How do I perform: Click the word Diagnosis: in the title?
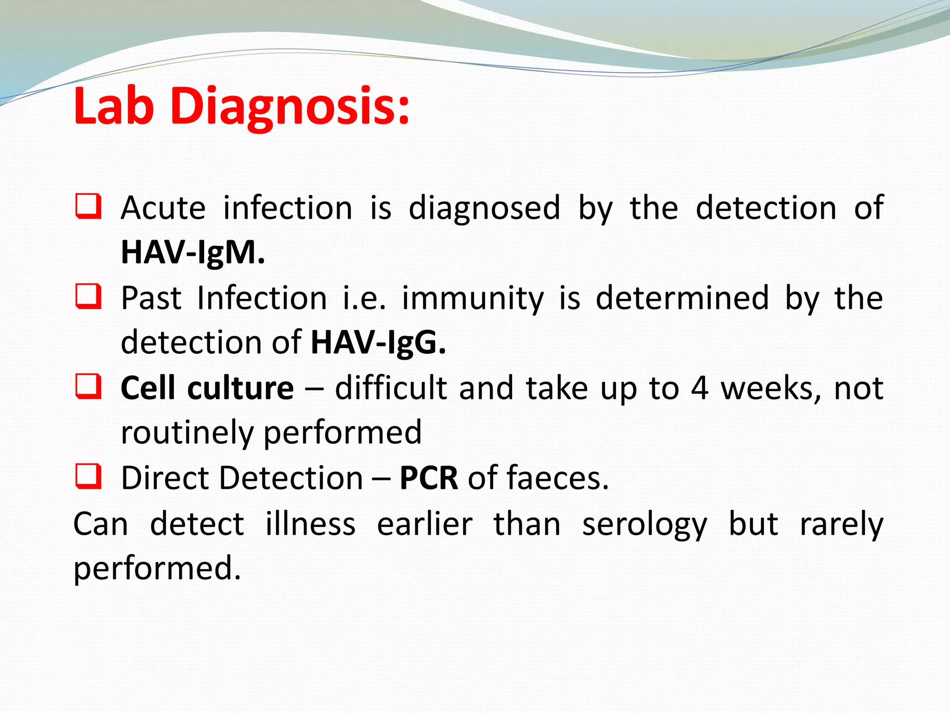[x=290, y=108]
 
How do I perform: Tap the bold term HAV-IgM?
[x=193, y=252]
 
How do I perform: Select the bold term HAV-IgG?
[x=378, y=343]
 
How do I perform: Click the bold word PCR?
[x=429, y=478]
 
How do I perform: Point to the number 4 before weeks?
[x=700, y=388]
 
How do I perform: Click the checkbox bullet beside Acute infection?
[x=88, y=207]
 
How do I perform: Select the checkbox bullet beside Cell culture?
[x=88, y=387]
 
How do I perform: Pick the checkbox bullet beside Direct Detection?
[x=88, y=477]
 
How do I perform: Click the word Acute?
[x=163, y=207]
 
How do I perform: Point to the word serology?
[x=645, y=525]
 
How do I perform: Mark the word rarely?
[x=841, y=525]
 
